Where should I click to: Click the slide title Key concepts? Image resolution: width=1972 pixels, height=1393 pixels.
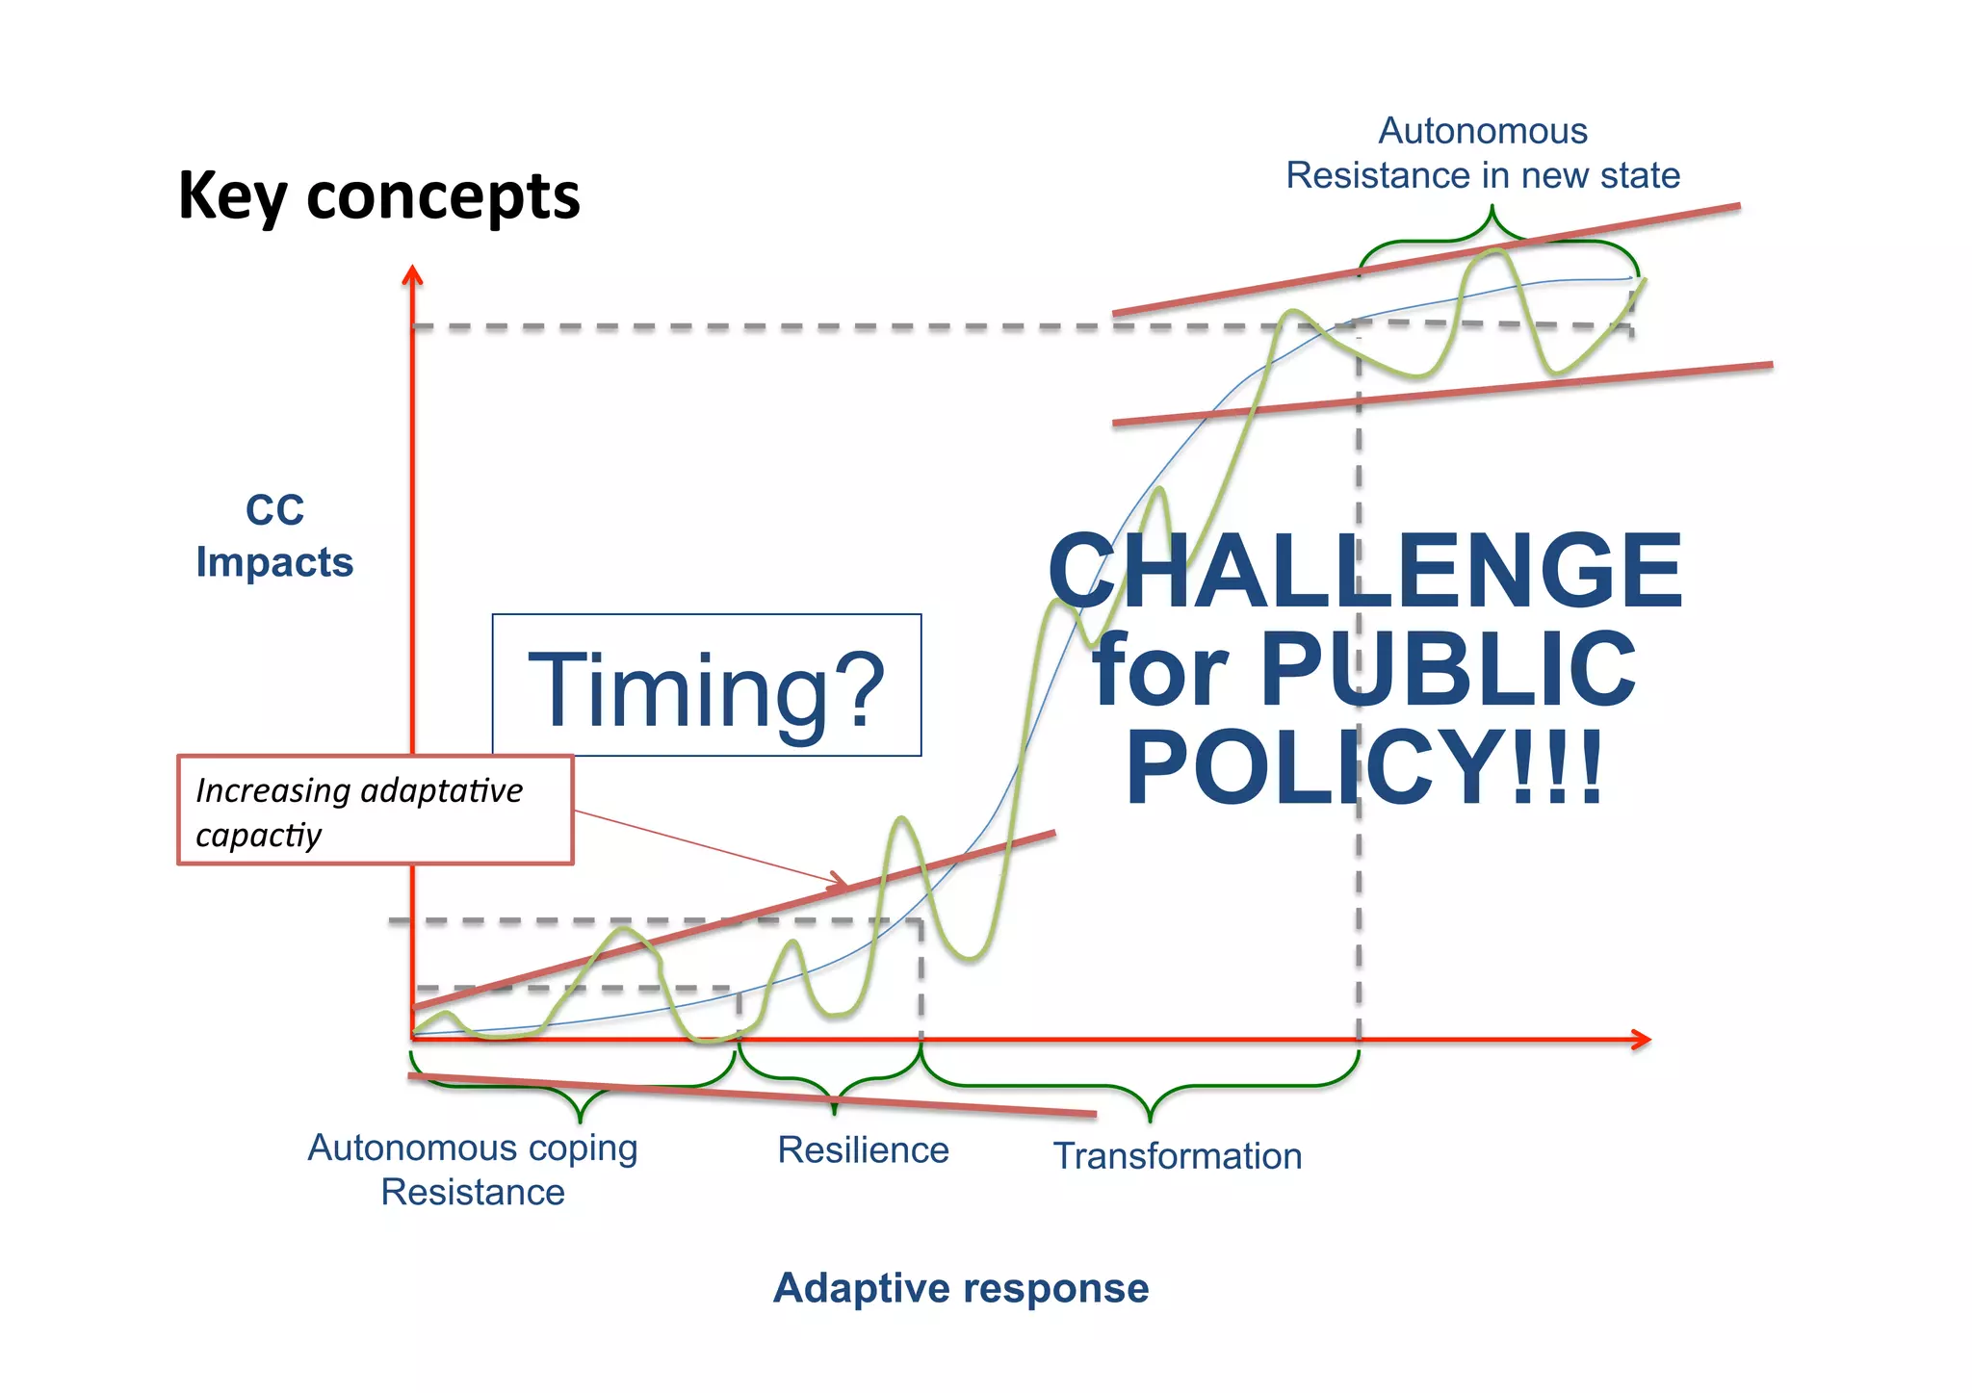point(378,196)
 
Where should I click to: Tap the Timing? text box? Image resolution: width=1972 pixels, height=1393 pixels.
point(706,686)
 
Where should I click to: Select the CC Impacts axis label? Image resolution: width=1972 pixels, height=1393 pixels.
point(274,536)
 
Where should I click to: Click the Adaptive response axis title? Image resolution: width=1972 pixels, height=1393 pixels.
point(961,1288)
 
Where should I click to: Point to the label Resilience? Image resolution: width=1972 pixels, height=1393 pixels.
point(863,1150)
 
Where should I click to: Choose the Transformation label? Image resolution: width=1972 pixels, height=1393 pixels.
point(1177,1156)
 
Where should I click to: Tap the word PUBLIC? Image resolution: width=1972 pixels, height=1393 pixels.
point(1447,669)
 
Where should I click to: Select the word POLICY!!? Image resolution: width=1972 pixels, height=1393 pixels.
point(1364,767)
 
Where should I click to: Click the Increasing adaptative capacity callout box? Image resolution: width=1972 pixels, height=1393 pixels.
point(375,811)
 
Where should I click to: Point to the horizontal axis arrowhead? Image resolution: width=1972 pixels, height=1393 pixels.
point(1643,1040)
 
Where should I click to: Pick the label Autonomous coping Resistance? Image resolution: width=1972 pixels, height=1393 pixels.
point(473,1170)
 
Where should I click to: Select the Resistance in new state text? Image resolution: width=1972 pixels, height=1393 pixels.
point(1483,176)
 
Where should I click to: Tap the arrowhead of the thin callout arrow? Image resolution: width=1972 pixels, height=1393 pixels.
point(840,880)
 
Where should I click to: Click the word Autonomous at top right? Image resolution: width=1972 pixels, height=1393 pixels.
point(1483,131)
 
